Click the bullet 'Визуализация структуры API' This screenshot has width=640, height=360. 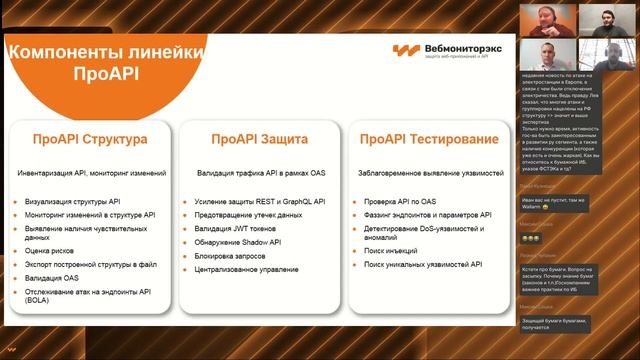pyautogui.click(x=73, y=200)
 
